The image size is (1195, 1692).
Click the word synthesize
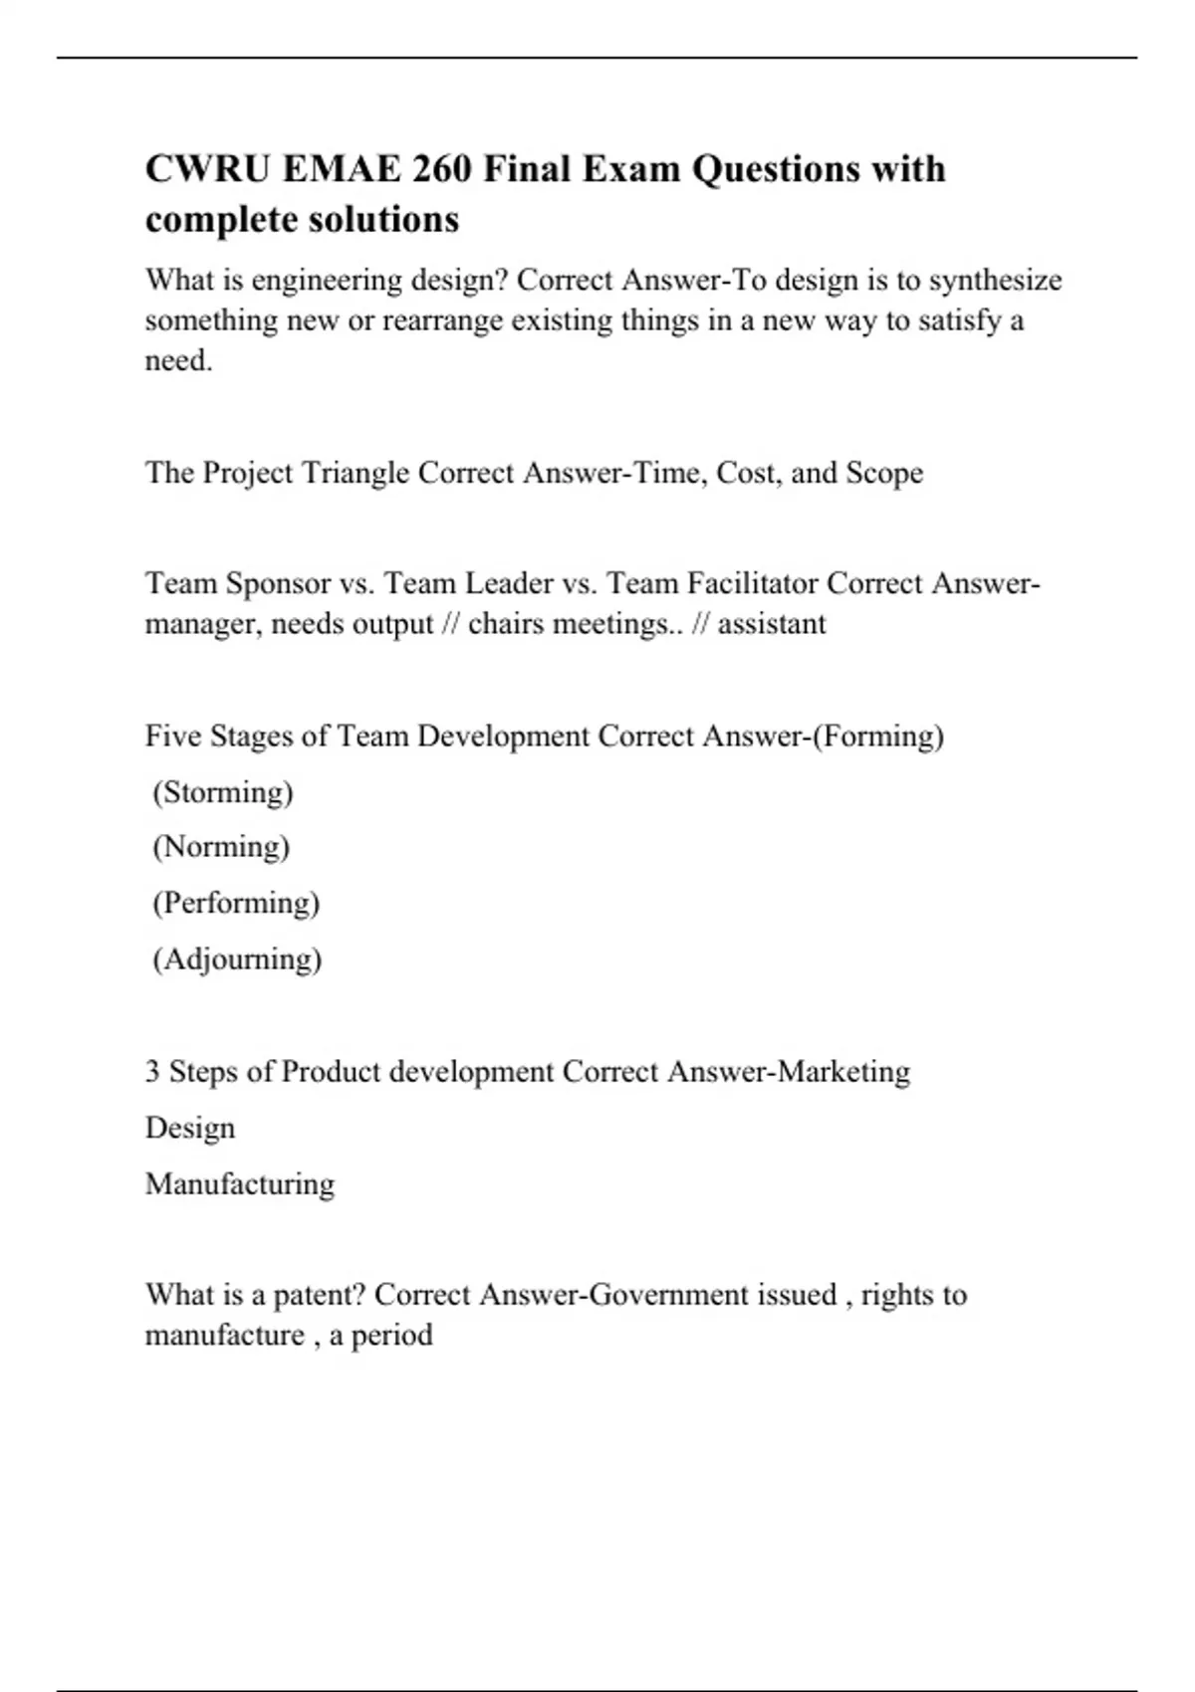pos(995,281)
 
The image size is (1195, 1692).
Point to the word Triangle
pos(355,472)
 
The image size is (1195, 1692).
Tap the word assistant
pos(772,624)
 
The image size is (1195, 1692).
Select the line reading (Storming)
pos(223,792)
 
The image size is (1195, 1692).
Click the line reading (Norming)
pos(221,847)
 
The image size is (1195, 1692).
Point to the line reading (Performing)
pos(236,903)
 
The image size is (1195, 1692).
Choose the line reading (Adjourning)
pos(237,959)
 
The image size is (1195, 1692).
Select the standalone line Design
pos(190,1129)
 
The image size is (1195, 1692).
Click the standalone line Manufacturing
pos(240,1184)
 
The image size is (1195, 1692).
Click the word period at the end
pos(392,1336)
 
